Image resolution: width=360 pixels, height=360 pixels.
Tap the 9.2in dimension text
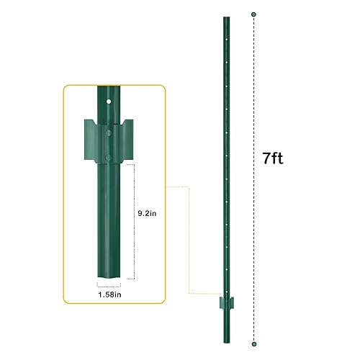pyautogui.click(x=148, y=214)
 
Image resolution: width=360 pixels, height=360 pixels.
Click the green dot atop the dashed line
pyautogui.click(x=254, y=14)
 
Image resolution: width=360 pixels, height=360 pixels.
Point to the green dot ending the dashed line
pyautogui.click(x=254, y=343)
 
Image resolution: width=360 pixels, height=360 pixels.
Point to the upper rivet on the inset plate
pyautogui.click(x=107, y=132)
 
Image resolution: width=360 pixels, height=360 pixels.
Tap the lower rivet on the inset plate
pyautogui.click(x=107, y=156)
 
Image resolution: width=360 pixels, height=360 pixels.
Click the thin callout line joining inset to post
pyautogui.click(x=189, y=238)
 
